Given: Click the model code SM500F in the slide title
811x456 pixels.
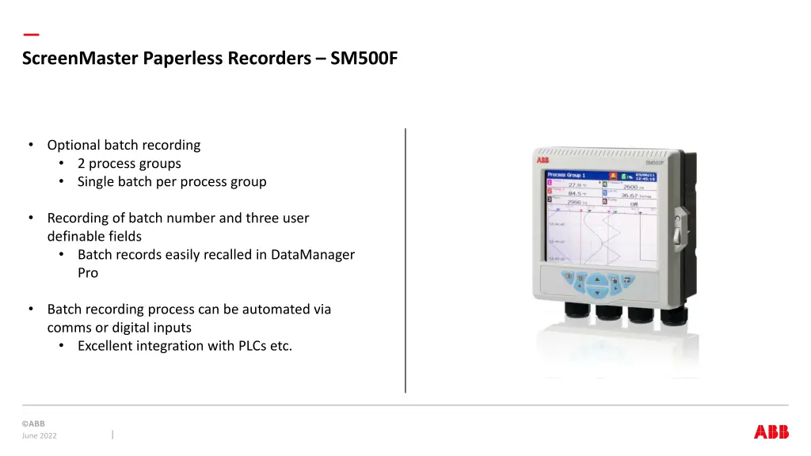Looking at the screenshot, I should [364, 58].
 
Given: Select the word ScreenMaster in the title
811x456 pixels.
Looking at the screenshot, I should [81, 58].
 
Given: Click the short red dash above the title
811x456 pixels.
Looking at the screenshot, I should [31, 35].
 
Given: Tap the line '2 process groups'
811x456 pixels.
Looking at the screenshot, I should [129, 164].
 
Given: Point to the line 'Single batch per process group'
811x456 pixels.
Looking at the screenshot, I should [172, 181].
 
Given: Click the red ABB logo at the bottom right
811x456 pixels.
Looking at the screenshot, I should [771, 431].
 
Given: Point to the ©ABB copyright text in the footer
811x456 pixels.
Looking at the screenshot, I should [33, 424].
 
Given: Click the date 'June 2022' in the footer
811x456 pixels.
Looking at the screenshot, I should [40, 435].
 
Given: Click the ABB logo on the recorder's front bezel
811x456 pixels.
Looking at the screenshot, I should [543, 161].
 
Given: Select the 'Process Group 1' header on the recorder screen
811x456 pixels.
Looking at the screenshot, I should [565, 175].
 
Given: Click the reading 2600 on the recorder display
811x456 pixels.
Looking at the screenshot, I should [630, 186].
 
